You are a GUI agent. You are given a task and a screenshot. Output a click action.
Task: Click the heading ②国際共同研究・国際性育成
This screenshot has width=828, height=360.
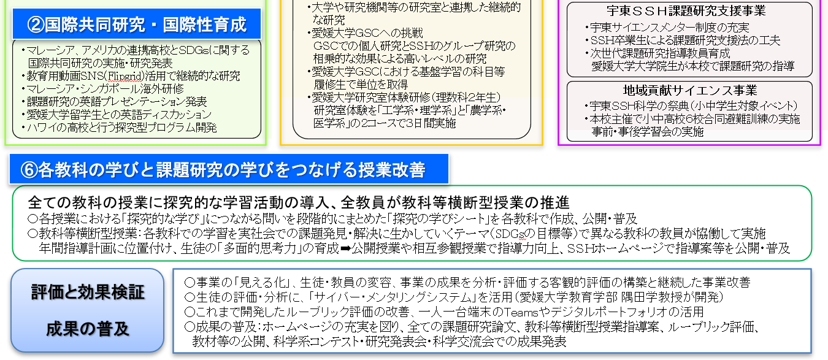[x=136, y=25]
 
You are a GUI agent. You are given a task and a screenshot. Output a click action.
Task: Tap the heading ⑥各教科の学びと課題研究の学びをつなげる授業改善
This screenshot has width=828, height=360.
[x=223, y=170]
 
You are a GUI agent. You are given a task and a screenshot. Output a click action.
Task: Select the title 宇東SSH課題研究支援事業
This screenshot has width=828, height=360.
[x=686, y=10]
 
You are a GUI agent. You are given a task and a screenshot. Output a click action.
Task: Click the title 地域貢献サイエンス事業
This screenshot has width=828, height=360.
[x=690, y=90]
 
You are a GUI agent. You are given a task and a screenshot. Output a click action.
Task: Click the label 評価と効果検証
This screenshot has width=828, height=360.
[x=88, y=292]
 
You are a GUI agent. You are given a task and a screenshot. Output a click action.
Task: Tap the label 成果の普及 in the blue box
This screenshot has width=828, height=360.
[x=88, y=329]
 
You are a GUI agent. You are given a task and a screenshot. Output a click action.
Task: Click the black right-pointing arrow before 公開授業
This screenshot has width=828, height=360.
[x=345, y=248]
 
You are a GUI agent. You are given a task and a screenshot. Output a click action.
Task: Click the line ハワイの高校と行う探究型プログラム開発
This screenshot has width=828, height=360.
[x=121, y=128]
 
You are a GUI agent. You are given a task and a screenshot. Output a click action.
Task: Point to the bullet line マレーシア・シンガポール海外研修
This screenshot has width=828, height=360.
[x=105, y=89]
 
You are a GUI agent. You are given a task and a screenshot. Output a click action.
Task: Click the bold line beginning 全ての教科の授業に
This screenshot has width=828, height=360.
[x=299, y=202]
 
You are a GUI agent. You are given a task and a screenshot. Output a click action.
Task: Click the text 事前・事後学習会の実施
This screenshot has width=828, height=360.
[x=647, y=132]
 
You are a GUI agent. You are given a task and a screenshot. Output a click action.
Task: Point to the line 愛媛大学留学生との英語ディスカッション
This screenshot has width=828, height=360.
[x=118, y=115]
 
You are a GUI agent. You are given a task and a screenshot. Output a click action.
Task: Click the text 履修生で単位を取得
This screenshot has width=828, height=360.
[x=361, y=85]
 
